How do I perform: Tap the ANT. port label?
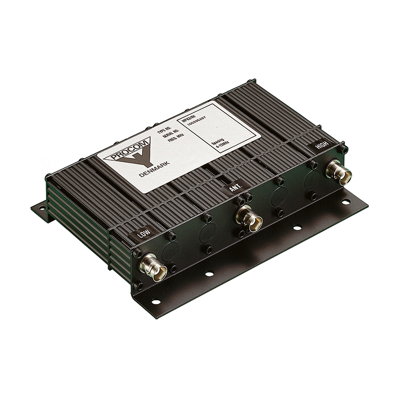pyautogui.click(x=233, y=188)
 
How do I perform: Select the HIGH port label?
pyautogui.click(x=322, y=146)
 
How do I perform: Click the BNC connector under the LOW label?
pyautogui.click(x=154, y=268)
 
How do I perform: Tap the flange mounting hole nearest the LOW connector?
pyautogui.click(x=156, y=302)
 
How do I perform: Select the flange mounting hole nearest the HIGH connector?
pyautogui.click(x=346, y=202)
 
